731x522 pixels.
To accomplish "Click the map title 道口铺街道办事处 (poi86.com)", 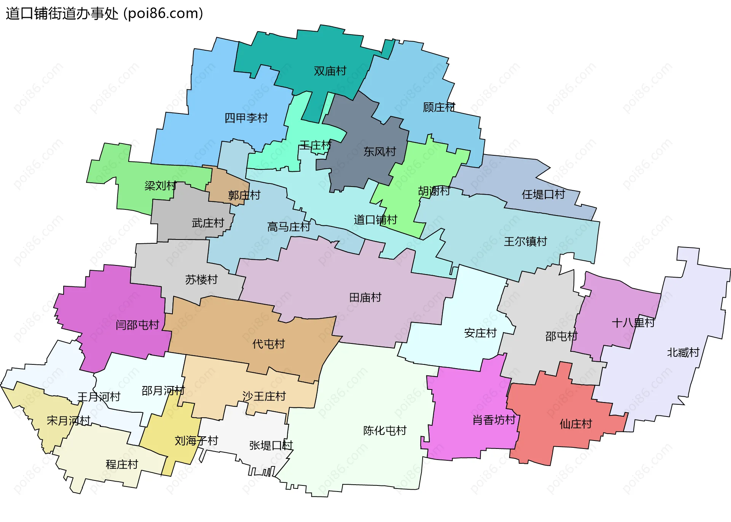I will pos(104,14).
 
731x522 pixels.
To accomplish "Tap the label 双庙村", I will pos(330,71).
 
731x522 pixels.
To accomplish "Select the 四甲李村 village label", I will pos(246,118).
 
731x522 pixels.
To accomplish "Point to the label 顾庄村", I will pos(439,107).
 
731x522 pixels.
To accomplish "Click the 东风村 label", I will pos(380,152).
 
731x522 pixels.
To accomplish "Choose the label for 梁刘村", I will pos(160,186).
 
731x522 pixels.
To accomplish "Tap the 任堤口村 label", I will pos(543,195).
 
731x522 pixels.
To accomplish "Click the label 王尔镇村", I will pos(525,241).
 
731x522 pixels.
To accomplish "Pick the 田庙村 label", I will pos(365,297).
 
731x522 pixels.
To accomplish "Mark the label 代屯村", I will pos(268,344).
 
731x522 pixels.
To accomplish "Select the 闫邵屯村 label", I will pos(137,325).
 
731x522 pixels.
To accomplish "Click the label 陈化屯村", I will pos(385,431).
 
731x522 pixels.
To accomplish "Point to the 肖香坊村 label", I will pos(494,420).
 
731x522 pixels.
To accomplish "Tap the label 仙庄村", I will pos(575,424).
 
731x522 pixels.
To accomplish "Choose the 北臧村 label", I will pos(683,353).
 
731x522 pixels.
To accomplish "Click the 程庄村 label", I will pos(121,465).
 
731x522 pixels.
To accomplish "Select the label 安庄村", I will pos(480,333).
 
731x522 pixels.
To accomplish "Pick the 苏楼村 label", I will pos(201,280).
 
